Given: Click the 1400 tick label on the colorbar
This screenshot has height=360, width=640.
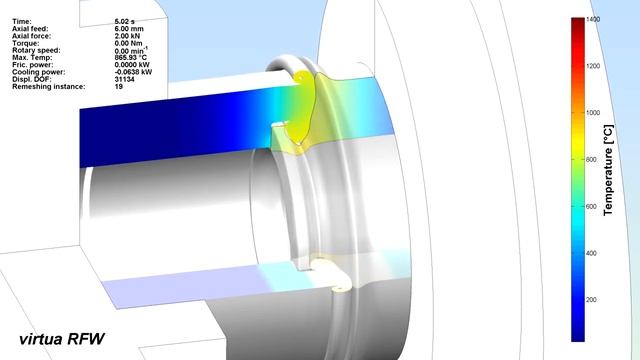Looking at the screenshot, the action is (x=593, y=19).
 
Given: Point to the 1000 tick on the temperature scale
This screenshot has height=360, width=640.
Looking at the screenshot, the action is (x=593, y=113).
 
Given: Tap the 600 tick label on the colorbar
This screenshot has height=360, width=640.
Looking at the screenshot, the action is (x=591, y=207).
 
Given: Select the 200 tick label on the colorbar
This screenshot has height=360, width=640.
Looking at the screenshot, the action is (x=591, y=300).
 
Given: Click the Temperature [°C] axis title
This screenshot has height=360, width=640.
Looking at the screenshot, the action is (x=608, y=170).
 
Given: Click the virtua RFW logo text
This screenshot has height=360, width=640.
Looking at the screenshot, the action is (x=62, y=339).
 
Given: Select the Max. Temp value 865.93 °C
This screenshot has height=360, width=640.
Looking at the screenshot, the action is (x=131, y=58).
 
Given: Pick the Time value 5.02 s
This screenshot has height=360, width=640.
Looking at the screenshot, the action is (x=124, y=21).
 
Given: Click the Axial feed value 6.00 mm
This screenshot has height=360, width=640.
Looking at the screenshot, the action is (x=129, y=29).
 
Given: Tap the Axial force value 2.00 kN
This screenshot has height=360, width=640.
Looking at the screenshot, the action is (x=127, y=36).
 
